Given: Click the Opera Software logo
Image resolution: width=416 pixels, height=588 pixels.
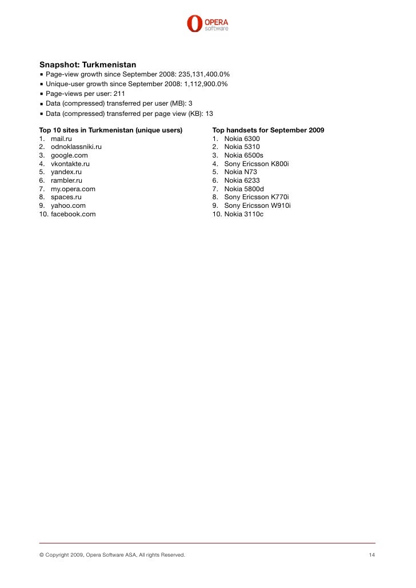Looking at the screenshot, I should pos(207,23).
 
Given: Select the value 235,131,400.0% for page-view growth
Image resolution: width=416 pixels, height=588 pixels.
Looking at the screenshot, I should pos(205,74).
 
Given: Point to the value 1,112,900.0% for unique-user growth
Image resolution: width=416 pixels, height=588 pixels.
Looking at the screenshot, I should pos(206,84).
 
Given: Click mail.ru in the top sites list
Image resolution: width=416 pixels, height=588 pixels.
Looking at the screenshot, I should pos(61,139).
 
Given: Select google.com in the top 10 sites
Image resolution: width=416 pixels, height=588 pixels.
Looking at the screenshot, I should pos(69,155).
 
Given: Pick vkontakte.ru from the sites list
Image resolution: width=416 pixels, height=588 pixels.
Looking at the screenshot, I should pos(70,164).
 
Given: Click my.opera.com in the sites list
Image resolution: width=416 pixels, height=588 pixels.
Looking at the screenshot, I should pos(73,189).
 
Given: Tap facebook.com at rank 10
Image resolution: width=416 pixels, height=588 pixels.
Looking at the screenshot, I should pos(73,214).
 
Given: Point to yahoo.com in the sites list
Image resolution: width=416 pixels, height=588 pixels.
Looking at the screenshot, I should pos(68,206).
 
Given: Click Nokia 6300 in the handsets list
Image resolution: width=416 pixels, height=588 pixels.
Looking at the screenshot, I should pos(242,139).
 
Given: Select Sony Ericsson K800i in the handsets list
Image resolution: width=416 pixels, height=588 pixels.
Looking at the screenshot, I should pos(257,164).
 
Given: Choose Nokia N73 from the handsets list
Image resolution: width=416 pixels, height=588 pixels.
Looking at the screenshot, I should pos(241,172).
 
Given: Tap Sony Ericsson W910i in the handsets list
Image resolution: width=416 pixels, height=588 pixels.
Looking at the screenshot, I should pos(257,206).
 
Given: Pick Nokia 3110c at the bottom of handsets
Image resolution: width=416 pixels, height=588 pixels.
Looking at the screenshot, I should pos(244,214).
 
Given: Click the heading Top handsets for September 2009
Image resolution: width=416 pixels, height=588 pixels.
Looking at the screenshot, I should pos(268,130).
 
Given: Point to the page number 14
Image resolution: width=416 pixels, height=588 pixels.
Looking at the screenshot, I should pos(371,555).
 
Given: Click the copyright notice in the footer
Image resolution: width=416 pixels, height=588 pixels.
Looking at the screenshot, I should pos(111,555).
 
